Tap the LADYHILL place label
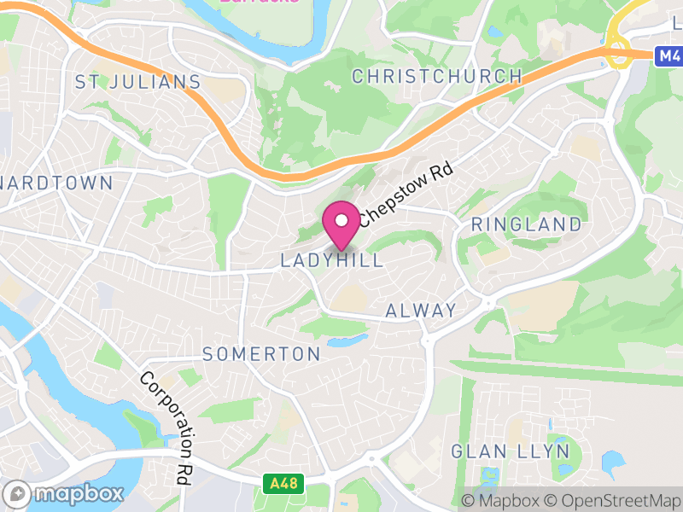click(332, 260)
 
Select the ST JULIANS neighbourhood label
click(137, 83)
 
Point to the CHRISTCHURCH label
click(437, 76)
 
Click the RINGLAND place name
click(527, 225)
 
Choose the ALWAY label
click(421, 311)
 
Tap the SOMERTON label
click(261, 354)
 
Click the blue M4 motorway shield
click(668, 56)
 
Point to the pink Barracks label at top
click(260, 2)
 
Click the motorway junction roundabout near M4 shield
click(618, 49)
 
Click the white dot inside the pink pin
click(341, 220)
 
